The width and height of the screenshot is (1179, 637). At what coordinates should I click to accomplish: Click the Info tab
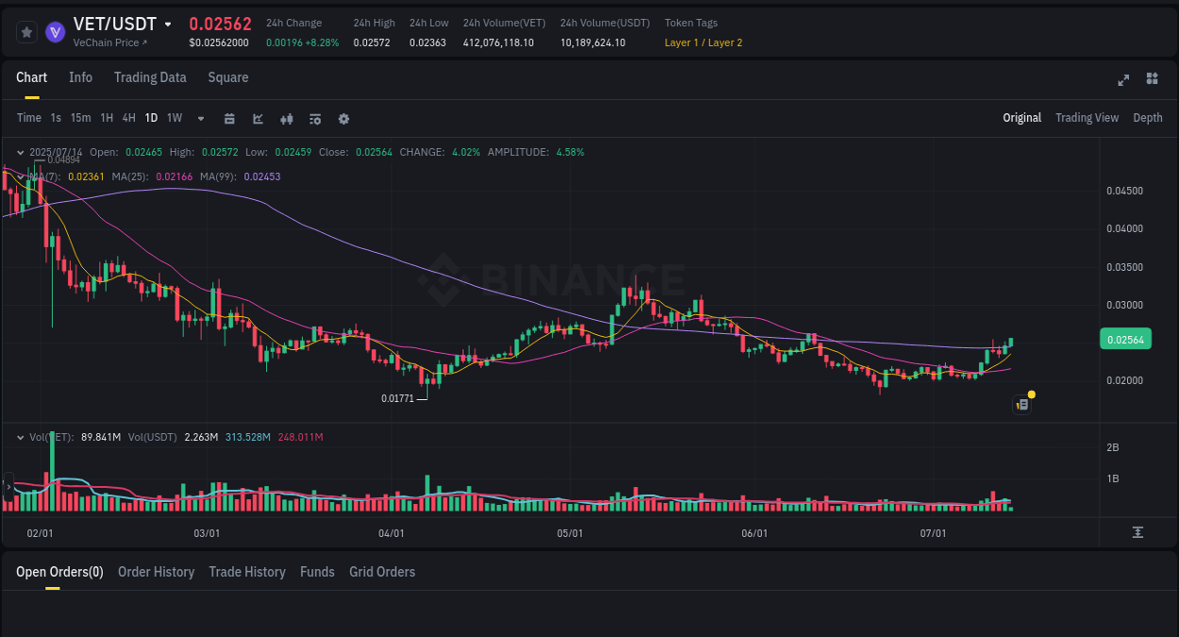point(80,77)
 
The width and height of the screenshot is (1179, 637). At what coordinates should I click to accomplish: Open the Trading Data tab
point(150,77)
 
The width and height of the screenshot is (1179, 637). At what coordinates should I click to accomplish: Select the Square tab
point(228,77)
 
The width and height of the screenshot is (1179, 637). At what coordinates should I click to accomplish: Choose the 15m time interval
point(81,118)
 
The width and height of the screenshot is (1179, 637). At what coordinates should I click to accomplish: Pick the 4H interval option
point(129,118)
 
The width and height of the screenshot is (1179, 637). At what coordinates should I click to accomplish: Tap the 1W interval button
point(174,118)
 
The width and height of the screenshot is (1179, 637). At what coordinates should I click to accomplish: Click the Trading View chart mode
point(1087,118)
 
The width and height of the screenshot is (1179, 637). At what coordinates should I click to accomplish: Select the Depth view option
point(1148,118)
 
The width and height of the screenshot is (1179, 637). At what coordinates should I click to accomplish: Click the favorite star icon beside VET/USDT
point(26,32)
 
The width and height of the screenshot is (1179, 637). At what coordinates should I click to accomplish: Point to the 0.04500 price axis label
point(1124,191)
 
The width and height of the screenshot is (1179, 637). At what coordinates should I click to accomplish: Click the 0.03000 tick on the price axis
point(1124,305)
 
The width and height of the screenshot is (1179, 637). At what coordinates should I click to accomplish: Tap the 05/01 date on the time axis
point(570,533)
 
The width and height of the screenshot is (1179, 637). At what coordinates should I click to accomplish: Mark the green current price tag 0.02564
point(1125,340)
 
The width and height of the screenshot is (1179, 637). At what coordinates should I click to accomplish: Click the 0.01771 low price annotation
point(397,398)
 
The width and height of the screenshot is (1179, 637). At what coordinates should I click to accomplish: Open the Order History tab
point(156,572)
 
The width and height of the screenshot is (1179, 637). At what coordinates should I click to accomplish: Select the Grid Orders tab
point(382,572)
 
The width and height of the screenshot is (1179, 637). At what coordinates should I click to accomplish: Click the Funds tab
point(317,572)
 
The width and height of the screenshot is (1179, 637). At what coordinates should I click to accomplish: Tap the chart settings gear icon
point(343,119)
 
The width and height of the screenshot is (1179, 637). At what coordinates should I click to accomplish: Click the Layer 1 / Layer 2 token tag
point(703,42)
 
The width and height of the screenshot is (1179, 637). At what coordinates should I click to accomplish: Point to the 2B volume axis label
point(1113,447)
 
